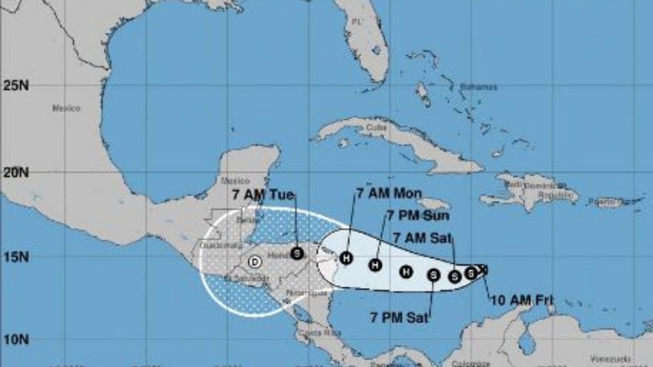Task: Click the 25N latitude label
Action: coord(16,85)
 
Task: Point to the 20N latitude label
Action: coord(16,173)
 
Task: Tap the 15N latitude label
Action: coord(16,257)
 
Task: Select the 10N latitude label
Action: coord(16,339)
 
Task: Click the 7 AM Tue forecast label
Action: coord(263,195)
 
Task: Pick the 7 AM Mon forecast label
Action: coord(389,193)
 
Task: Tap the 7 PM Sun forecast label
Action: coord(418,216)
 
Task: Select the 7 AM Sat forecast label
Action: coord(422,238)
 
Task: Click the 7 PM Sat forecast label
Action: coord(399,317)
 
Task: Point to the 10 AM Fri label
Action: coord(522,300)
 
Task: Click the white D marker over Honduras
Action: coord(254,262)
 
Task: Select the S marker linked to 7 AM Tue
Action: coord(297,253)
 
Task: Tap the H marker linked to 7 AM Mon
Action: coord(346,258)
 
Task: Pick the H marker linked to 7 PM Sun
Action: coord(375,265)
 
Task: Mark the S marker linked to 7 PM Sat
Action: coord(434,275)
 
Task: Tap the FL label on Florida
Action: coord(357,22)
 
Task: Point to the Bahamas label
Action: coord(478,87)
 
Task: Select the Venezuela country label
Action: coord(607,359)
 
